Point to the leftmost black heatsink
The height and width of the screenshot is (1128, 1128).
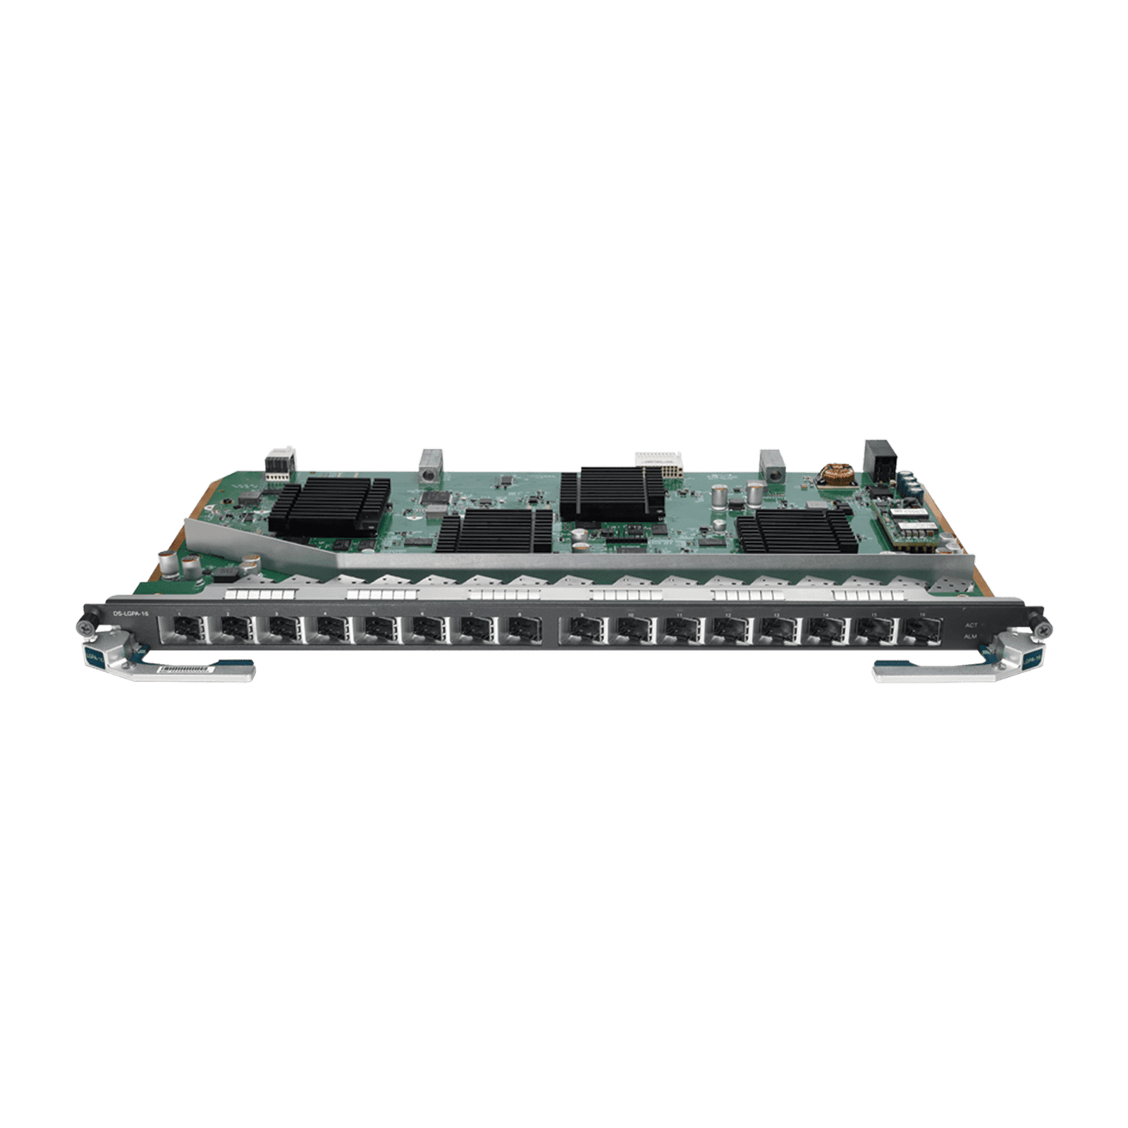[x=329, y=501]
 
